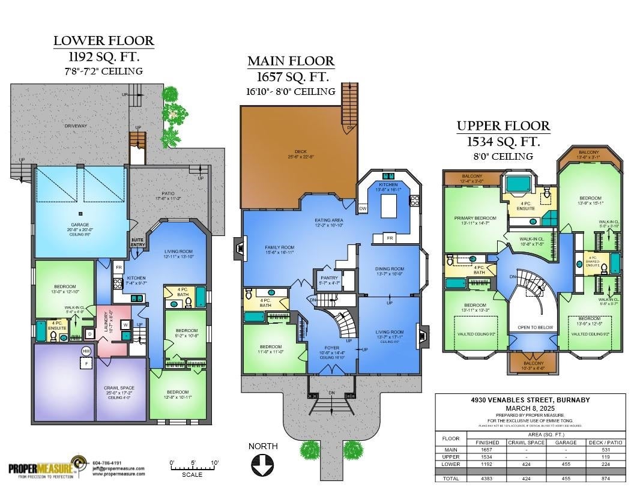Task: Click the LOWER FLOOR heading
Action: pos(103,41)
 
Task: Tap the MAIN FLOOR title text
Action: pos(291,61)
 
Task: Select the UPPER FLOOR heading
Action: pos(503,126)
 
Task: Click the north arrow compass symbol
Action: pos(263,464)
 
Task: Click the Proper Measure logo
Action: pos(45,468)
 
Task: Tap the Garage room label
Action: pos(80,225)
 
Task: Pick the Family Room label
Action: pos(280,247)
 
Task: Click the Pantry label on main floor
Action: pos(329,279)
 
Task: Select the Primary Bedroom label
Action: pos(475,219)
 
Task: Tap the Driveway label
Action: pos(76,126)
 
